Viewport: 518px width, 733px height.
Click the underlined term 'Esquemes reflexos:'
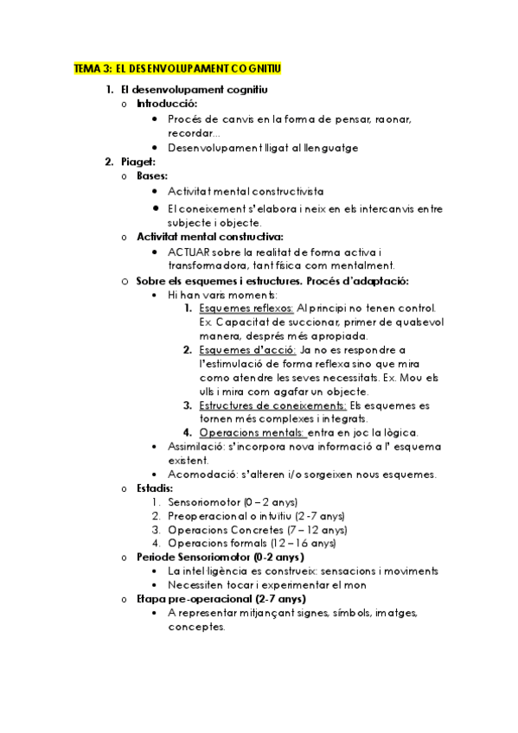point(246,309)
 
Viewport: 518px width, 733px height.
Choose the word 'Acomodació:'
point(198,474)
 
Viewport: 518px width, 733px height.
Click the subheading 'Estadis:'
point(155,488)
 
